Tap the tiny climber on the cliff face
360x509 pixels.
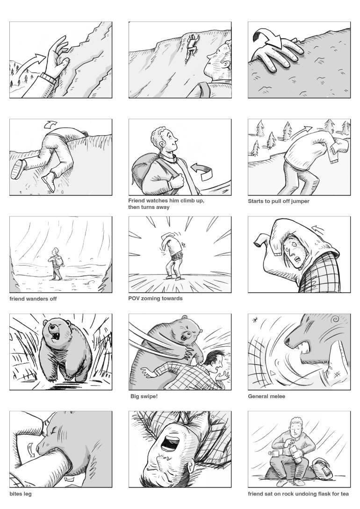(x=191, y=48)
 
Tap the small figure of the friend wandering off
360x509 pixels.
(x=57, y=264)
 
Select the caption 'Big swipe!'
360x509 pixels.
(x=144, y=396)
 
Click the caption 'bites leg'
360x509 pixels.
(x=21, y=494)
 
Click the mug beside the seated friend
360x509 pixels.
(x=273, y=453)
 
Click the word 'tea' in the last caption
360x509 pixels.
(x=345, y=494)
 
